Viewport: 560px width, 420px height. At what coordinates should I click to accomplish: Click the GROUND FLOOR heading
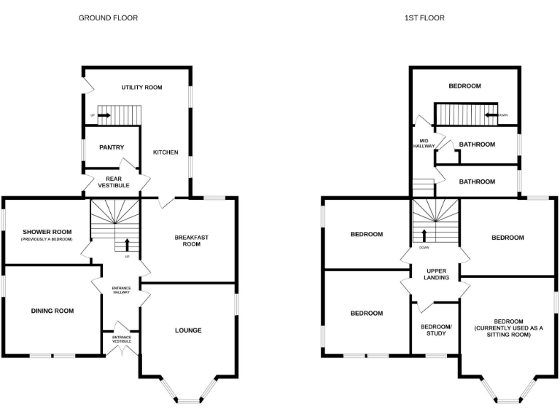tap(108, 17)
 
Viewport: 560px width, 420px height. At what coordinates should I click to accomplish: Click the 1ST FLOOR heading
tap(424, 17)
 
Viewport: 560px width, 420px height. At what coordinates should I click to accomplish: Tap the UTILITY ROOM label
tap(141, 87)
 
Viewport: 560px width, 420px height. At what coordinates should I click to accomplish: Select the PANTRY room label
tap(112, 147)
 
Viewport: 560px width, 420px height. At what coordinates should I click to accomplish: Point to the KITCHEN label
tap(166, 152)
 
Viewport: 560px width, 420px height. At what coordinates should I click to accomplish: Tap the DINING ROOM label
tap(52, 311)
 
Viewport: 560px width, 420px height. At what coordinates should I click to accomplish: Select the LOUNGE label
tap(188, 330)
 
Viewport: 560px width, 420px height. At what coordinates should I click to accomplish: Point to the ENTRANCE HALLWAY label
tap(121, 290)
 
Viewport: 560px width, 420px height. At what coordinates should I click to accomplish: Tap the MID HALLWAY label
tap(424, 143)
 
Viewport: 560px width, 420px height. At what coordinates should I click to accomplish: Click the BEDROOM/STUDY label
tap(437, 330)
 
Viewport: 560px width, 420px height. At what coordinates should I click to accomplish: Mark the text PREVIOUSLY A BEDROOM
tap(47, 239)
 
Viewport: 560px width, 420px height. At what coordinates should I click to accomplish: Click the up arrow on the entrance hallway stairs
tap(128, 244)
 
